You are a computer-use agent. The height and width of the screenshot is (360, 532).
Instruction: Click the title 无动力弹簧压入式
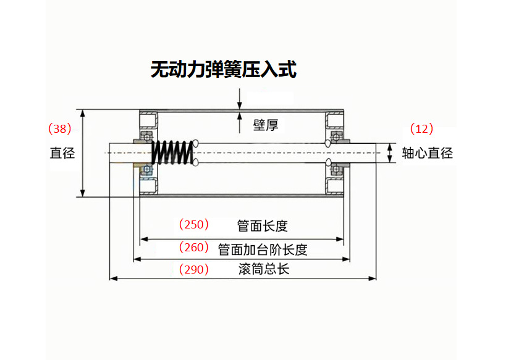[223, 69]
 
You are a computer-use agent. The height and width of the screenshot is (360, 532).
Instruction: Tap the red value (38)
[60, 129]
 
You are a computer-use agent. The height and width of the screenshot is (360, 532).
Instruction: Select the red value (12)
[422, 129]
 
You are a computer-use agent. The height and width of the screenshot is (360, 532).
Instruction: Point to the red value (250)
[194, 224]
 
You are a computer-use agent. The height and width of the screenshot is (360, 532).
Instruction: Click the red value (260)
[194, 248]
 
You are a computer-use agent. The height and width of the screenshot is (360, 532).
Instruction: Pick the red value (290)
[194, 269]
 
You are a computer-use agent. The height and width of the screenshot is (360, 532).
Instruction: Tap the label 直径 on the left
[62, 153]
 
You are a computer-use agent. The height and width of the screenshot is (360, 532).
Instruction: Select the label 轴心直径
[428, 153]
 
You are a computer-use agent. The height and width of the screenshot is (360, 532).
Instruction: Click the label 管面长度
[263, 226]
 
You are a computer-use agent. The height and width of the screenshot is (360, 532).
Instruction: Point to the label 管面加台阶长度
[263, 249]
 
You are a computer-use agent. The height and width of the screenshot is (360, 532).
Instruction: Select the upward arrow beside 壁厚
[240, 121]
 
